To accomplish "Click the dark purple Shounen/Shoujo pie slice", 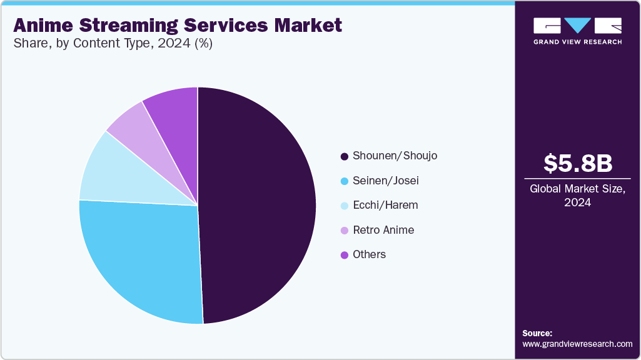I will [x=256, y=206].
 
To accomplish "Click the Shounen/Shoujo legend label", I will [x=395, y=156].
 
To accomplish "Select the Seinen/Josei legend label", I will [x=385, y=181].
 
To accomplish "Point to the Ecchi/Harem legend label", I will [x=385, y=205].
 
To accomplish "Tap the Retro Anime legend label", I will [x=383, y=230].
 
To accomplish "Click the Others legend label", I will [x=369, y=254].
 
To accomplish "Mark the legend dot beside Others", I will [x=344, y=255].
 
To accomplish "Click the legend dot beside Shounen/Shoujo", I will [x=344, y=156].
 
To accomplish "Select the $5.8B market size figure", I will [x=577, y=163].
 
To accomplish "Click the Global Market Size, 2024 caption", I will [x=577, y=195].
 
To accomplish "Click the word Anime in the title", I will [x=44, y=25].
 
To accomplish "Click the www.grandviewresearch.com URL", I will [x=577, y=344].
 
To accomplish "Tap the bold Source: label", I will [x=537, y=333].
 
